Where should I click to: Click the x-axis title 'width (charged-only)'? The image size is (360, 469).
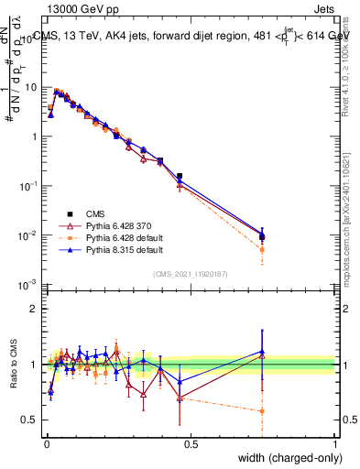pos(283,459)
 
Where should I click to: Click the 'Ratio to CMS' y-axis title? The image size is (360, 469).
pos(13,376)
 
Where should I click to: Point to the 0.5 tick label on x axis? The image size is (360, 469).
pos(191,444)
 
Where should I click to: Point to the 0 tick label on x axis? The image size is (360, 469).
pos(47,444)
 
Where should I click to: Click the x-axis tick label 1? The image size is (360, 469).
pos(334,444)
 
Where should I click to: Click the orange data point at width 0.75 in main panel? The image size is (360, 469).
pos(263,249)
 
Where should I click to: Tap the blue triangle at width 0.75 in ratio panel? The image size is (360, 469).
pos(263,351)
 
